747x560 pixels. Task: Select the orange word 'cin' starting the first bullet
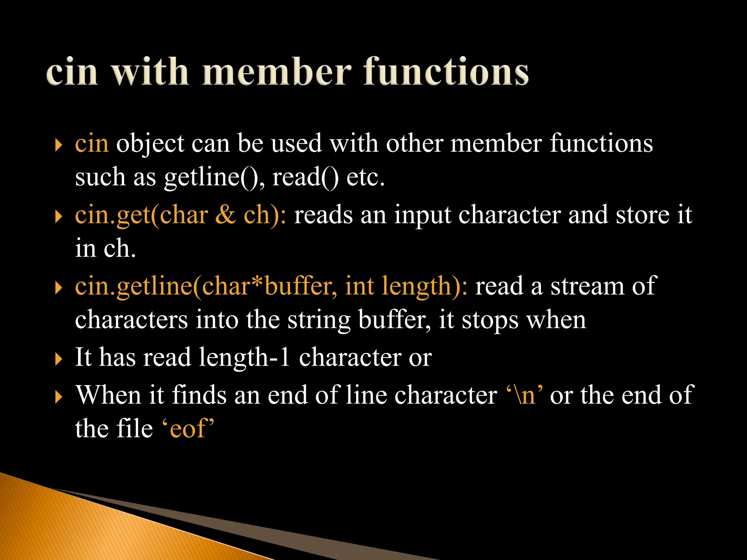pyautogui.click(x=92, y=143)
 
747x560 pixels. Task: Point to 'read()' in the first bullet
pyautogui.click(x=305, y=178)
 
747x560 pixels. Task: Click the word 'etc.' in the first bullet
pyautogui.click(x=365, y=178)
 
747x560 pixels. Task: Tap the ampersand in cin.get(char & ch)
pyautogui.click(x=225, y=215)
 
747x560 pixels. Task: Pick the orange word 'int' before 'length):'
pyautogui.click(x=359, y=286)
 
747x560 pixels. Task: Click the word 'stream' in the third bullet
pyautogui.click(x=587, y=286)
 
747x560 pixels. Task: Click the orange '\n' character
pyautogui.click(x=524, y=395)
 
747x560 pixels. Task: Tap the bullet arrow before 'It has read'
pyautogui.click(x=58, y=359)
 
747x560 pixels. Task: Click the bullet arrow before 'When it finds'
pyautogui.click(x=58, y=397)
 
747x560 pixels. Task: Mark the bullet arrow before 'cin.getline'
pyautogui.click(x=58, y=287)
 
